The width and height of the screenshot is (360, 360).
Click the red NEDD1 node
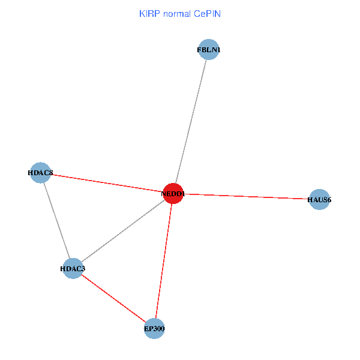[173, 194]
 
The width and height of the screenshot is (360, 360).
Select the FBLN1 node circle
[208, 50]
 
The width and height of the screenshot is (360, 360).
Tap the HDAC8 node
[40, 173]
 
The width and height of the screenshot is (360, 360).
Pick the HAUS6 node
[319, 199]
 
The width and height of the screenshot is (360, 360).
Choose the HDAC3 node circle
[72, 268]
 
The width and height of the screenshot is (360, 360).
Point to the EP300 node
[154, 328]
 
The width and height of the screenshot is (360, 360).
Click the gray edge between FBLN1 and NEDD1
[191, 120]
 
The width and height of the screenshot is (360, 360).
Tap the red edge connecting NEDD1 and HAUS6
[246, 196]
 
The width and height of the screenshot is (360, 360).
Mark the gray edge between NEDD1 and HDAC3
[122, 231]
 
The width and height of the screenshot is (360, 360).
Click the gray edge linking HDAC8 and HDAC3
[56, 221]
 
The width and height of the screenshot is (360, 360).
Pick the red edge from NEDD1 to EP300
[163, 261]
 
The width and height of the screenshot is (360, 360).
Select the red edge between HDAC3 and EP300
[113, 298]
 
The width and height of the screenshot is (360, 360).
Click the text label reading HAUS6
[319, 199]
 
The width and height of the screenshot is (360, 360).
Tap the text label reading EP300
[154, 328]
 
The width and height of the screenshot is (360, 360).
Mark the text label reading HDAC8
[40, 173]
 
